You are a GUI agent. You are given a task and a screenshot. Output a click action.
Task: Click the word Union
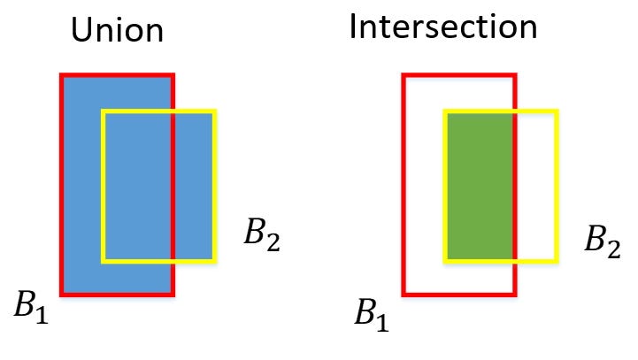(117, 30)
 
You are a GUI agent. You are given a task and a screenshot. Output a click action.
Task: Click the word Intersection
(443, 27)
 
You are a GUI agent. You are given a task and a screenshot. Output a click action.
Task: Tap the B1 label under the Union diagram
(31, 307)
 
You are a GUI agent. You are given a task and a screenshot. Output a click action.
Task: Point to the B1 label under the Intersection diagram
(372, 315)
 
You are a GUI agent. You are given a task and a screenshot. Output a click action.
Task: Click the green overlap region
(480, 187)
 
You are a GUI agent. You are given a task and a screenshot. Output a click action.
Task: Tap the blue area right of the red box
(194, 187)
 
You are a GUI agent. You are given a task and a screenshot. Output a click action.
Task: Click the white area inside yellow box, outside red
(536, 187)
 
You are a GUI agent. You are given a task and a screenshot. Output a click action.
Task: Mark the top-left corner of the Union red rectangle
(61, 75)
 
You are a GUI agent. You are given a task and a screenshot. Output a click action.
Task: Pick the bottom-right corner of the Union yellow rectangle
(215, 262)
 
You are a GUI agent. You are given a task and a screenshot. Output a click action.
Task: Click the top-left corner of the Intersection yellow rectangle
(445, 111)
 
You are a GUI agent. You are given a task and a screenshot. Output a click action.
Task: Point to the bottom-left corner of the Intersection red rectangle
(404, 295)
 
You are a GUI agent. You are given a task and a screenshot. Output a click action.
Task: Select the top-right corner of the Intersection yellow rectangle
(557, 111)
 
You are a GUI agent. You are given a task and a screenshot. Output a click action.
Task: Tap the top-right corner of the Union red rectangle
(173, 75)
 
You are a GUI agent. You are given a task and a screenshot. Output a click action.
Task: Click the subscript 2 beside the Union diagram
(273, 242)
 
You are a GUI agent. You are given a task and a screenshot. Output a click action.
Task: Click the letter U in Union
(81, 31)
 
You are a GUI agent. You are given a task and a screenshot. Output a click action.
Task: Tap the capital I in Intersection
(352, 27)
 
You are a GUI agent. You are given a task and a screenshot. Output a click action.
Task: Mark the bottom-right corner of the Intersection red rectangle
(515, 295)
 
